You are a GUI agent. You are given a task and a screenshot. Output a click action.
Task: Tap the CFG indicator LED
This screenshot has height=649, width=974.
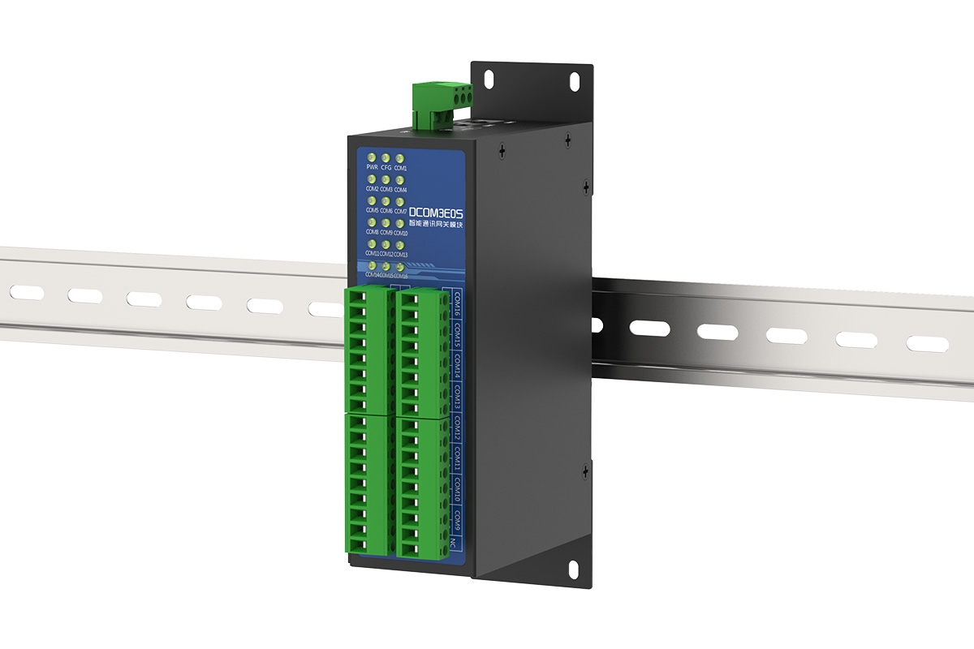click(x=386, y=157)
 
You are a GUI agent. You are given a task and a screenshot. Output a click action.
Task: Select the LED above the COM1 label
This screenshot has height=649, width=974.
click(x=400, y=157)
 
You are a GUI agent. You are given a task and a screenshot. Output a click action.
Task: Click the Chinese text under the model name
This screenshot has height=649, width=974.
click(x=436, y=224)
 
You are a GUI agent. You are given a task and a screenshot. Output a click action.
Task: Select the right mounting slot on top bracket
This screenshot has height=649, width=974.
click(x=574, y=82)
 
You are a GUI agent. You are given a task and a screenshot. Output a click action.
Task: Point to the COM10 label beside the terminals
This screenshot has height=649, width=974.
click(x=458, y=491)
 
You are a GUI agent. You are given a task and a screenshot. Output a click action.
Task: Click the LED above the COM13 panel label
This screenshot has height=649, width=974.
click(x=400, y=243)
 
